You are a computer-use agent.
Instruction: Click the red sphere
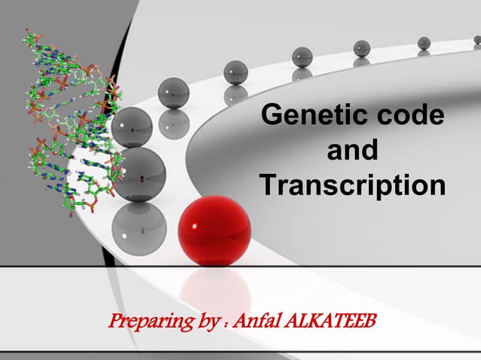(215, 230)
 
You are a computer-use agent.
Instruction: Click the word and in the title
(352, 151)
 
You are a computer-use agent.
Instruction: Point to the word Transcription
(352, 184)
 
